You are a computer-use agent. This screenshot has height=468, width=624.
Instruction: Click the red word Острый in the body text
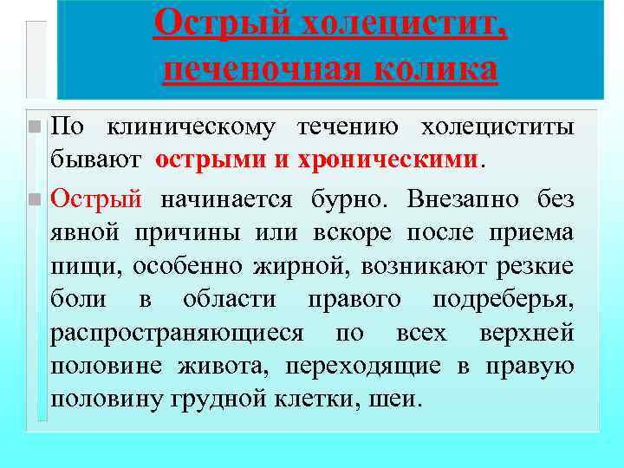[x=96, y=199]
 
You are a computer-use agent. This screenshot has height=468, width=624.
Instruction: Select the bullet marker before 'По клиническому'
[x=34, y=127]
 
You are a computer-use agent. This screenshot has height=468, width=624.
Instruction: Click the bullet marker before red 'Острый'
[x=34, y=199]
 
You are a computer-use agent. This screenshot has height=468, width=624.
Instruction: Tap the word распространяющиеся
[x=178, y=333]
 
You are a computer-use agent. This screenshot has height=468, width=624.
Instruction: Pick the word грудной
[x=233, y=399]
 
